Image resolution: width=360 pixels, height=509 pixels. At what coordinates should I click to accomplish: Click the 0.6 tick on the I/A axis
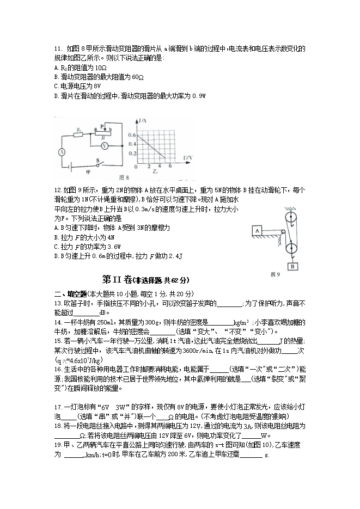tap(131, 134)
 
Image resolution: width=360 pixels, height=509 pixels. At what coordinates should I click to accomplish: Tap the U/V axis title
tap(187, 158)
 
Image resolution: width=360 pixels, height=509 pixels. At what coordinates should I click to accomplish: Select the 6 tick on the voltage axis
tap(170, 165)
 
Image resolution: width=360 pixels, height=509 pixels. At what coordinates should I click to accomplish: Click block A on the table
tap(254, 231)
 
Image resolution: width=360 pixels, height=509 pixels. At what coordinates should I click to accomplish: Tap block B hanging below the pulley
tap(292, 266)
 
